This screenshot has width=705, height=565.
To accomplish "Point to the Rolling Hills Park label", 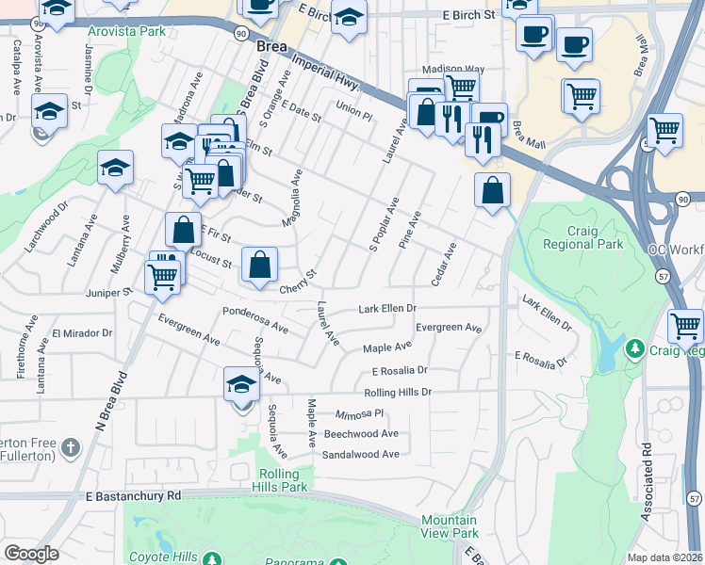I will (281, 480).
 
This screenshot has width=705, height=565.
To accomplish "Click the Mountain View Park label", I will (450, 526).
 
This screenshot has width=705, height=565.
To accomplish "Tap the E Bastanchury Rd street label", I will (132, 495).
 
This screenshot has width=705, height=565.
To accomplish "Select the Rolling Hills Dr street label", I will (397, 392).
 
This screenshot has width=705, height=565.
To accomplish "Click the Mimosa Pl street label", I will (360, 413).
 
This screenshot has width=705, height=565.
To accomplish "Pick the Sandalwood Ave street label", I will (361, 454).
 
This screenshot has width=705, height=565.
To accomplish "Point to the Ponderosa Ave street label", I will (254, 319).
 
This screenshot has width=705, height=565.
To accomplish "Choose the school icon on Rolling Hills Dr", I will (241, 386).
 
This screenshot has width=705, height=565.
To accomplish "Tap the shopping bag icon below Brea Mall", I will (492, 191).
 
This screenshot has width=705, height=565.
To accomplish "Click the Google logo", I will (32, 554).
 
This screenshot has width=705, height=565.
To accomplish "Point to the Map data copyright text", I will (664, 557).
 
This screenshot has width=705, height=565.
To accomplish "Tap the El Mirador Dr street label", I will (82, 333).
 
